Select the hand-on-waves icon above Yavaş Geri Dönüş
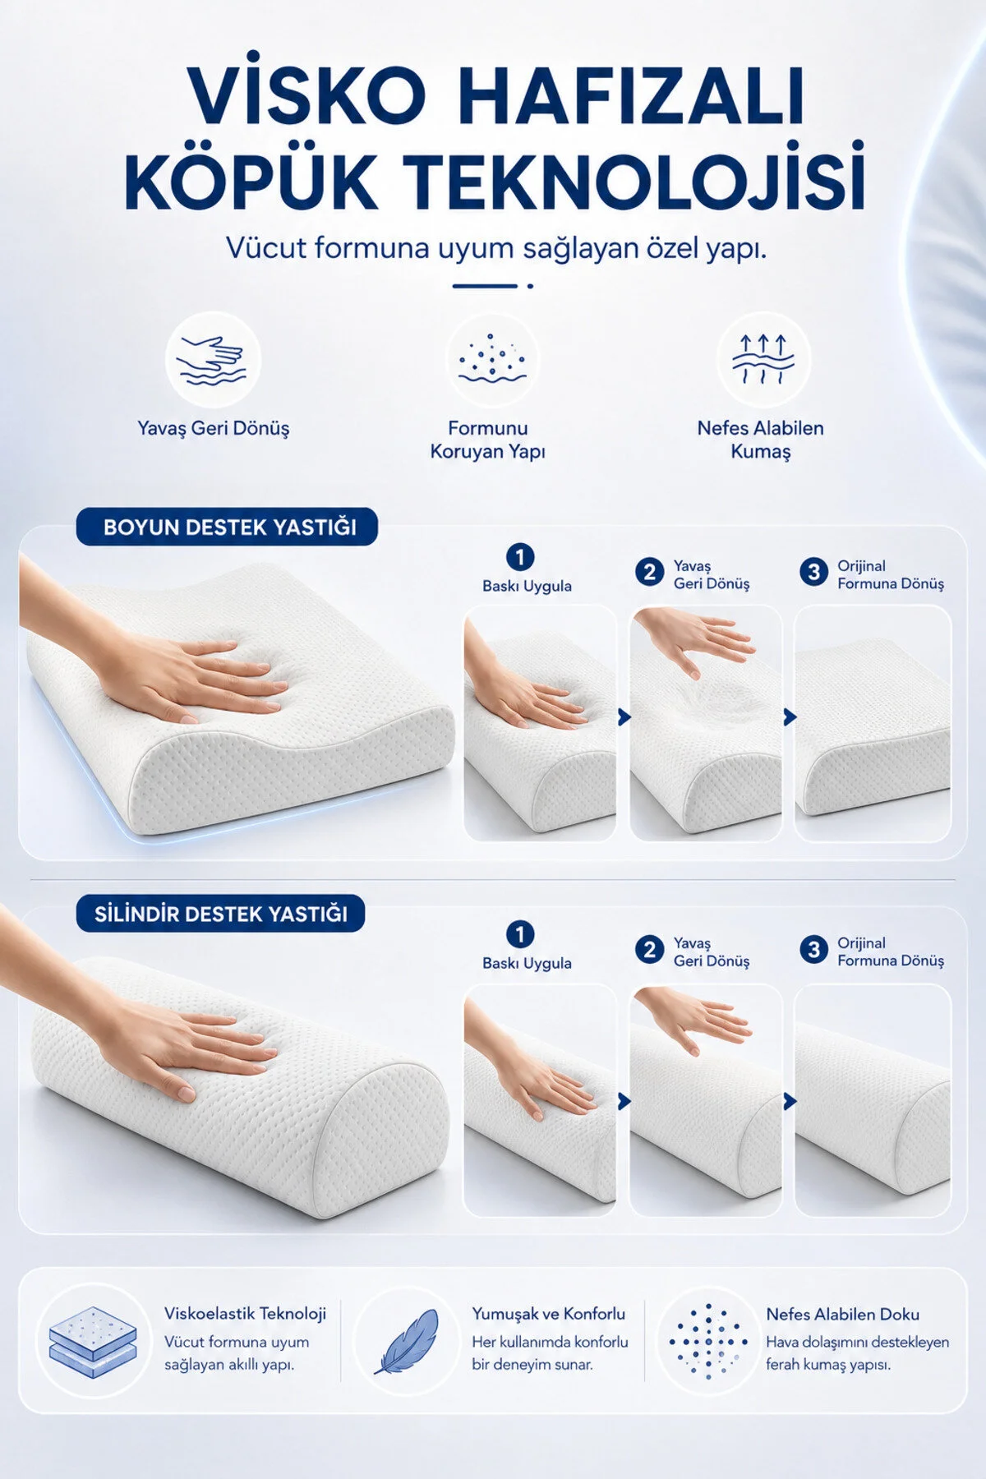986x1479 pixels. tap(213, 362)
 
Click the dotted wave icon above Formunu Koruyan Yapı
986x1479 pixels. tap(491, 359)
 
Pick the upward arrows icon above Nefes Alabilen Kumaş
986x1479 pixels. tap(763, 360)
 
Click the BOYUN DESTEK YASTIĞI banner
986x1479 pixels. tap(228, 527)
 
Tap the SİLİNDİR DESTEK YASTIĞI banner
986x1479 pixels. tap(220, 914)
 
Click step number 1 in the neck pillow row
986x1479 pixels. tap(519, 557)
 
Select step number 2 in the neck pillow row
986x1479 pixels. tap(649, 572)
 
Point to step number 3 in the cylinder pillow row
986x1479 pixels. tap(813, 950)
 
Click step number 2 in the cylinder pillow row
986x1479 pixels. tap(649, 950)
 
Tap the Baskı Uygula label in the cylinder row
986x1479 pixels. tap(527, 963)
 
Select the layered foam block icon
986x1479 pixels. tap(92, 1343)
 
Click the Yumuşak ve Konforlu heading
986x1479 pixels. tap(548, 1314)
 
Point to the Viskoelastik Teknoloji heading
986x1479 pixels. tap(245, 1314)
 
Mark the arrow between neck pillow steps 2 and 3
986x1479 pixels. tap(790, 717)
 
